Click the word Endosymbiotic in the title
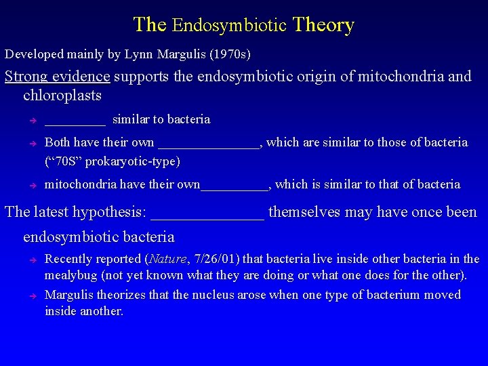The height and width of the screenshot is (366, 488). [x=229, y=26]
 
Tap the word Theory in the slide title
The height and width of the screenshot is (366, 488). [x=323, y=26]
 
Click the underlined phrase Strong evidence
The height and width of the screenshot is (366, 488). [x=58, y=76]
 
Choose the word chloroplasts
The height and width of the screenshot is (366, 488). [x=62, y=95]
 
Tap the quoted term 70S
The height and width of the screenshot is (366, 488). [x=64, y=161]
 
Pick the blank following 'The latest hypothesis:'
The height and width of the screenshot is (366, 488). [x=207, y=214]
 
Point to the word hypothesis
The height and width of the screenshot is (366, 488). [x=107, y=212]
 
